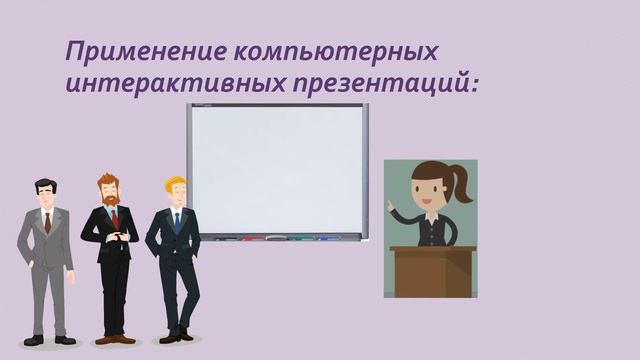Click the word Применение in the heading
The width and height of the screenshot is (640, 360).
128,51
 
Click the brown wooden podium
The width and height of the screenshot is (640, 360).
433,272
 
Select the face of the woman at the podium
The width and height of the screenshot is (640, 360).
430,191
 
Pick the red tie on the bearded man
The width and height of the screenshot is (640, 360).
114,218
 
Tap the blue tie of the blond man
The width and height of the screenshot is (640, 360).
177,220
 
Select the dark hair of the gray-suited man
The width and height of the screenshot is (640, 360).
45,184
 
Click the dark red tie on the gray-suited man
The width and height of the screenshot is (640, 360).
47,222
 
